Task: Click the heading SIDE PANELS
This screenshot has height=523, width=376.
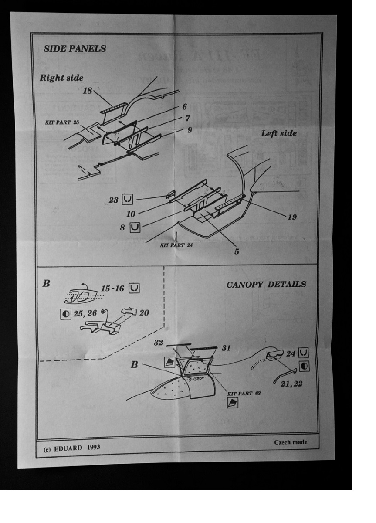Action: point(75,48)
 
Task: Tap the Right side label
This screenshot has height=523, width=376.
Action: point(61,78)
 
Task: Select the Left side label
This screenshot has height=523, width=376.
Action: point(278,133)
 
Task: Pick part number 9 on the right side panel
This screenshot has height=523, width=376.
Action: point(190,129)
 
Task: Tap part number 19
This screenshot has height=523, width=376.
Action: point(291,217)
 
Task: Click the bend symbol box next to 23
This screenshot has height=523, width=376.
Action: point(128,200)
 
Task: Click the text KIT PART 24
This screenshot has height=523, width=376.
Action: point(176,245)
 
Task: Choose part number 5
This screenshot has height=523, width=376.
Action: point(237,251)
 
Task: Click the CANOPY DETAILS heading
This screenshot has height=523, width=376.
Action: point(266,285)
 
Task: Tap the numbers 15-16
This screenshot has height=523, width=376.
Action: point(113,289)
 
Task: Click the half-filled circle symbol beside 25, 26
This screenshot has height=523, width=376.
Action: point(65,313)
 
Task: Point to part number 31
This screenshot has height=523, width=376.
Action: point(226,348)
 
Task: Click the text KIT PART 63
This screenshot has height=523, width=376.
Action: point(240,393)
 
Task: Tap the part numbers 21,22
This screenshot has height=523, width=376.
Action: point(291,384)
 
